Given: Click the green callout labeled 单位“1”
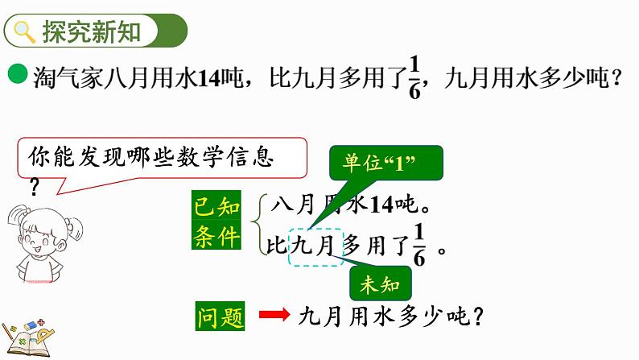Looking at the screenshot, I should point(385,163).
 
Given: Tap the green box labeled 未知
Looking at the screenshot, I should point(381,283).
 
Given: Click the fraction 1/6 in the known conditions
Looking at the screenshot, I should point(418,240).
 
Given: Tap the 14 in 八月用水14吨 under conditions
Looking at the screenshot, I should point(381,205).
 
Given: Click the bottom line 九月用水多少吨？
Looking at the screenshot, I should point(390,317).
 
